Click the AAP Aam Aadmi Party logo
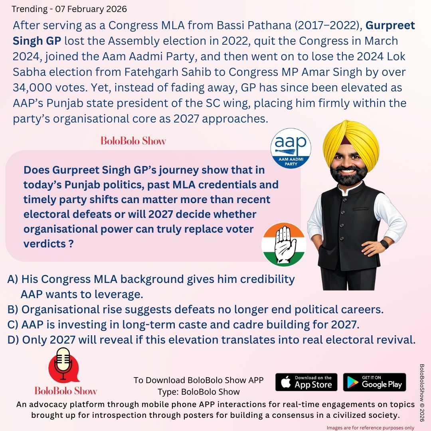coord(291,148)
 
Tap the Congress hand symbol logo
coord(283,244)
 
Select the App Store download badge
coord(306,382)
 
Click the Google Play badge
coord(374,382)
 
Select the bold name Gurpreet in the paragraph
coord(390,26)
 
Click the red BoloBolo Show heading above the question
coord(133,141)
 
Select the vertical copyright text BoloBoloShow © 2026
coord(422,395)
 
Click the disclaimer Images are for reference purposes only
coord(370,427)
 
